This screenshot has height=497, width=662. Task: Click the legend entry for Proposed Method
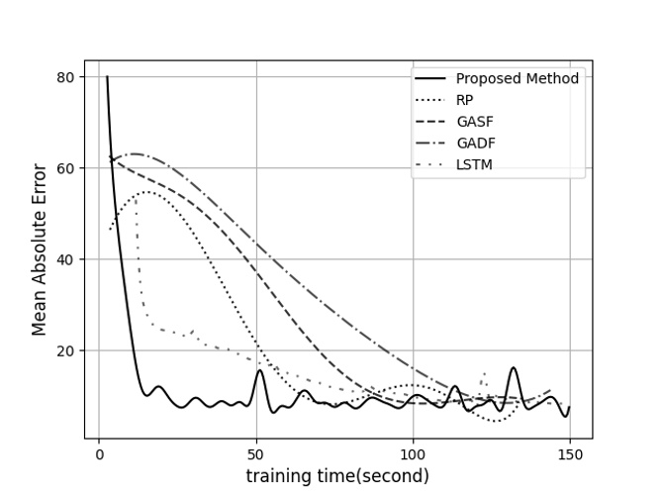517,78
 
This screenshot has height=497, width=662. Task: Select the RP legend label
465,100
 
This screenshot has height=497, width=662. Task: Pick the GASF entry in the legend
473,122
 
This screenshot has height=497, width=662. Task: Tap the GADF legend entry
474,144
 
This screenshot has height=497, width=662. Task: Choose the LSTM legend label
473,165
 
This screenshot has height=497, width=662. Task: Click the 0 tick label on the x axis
99,453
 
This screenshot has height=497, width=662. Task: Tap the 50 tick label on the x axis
256,453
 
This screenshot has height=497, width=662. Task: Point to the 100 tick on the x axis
413,453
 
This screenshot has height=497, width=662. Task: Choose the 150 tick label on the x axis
569,453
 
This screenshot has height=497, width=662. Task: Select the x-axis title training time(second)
337,476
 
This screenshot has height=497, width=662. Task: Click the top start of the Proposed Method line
107,77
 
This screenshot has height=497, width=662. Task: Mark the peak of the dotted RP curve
147,192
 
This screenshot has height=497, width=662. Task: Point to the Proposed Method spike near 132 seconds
514,368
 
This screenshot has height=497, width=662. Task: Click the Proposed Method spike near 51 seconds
259,370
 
